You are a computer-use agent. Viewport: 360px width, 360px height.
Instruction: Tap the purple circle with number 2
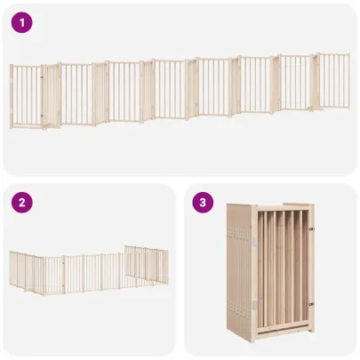click(x=24, y=204)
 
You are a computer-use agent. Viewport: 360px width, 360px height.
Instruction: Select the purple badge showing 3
click(x=204, y=204)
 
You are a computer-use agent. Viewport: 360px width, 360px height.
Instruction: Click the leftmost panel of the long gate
click(x=26, y=95)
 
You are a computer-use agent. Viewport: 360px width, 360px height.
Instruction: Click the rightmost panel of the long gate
click(x=335, y=81)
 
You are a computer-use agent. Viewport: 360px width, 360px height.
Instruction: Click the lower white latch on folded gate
click(x=252, y=305)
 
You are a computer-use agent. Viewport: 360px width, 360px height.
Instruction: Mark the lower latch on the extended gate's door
click(x=43, y=114)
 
